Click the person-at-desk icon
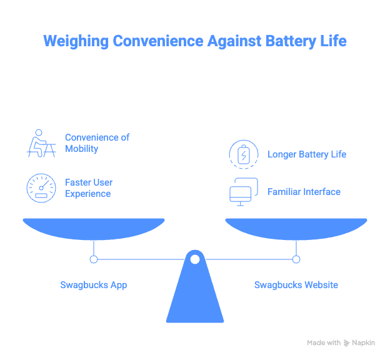(41, 143)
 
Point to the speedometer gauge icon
(41, 188)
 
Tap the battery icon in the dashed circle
(243, 154)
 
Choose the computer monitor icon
(243, 192)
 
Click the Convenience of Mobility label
(97, 143)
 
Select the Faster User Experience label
(88, 188)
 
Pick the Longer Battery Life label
(306, 154)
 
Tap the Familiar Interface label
(304, 192)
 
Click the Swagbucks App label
(93, 285)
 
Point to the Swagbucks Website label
(296, 285)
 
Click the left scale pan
(94, 227)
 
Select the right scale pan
(296, 227)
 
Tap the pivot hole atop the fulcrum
(195, 259)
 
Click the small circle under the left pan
(94, 259)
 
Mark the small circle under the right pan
(296, 259)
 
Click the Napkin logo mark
(346, 343)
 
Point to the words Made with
(323, 343)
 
